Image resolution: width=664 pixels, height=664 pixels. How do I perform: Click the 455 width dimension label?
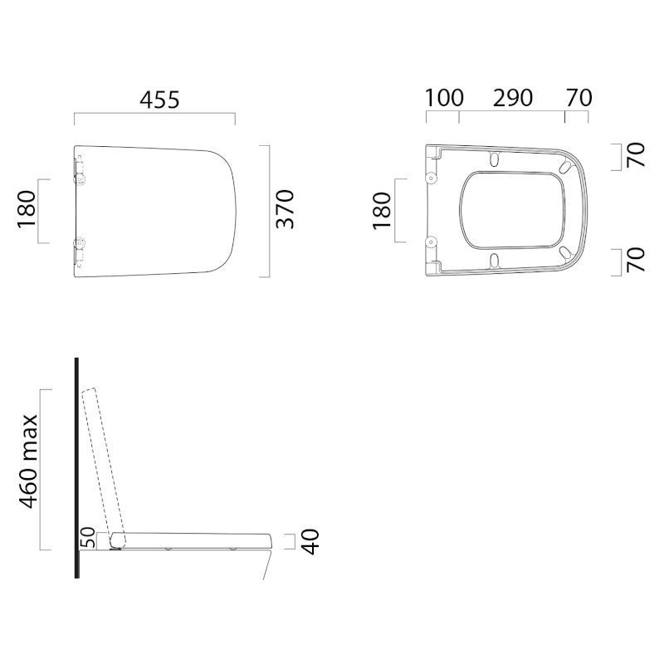(x=159, y=100)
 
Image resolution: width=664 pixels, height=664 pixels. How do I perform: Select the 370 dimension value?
(x=285, y=209)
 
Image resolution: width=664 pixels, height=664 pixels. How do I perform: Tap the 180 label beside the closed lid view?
(x=27, y=210)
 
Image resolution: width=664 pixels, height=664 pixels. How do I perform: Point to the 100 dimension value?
(x=444, y=98)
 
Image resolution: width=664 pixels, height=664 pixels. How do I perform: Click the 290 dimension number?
(x=512, y=98)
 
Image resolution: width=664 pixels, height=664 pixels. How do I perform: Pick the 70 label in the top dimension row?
(x=579, y=98)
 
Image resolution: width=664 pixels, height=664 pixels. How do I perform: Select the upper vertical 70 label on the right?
(x=636, y=155)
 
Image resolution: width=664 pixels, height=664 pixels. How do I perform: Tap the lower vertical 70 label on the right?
(x=636, y=260)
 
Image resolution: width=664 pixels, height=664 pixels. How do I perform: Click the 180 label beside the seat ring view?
(x=382, y=211)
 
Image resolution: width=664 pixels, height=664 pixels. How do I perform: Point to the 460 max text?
(x=29, y=461)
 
